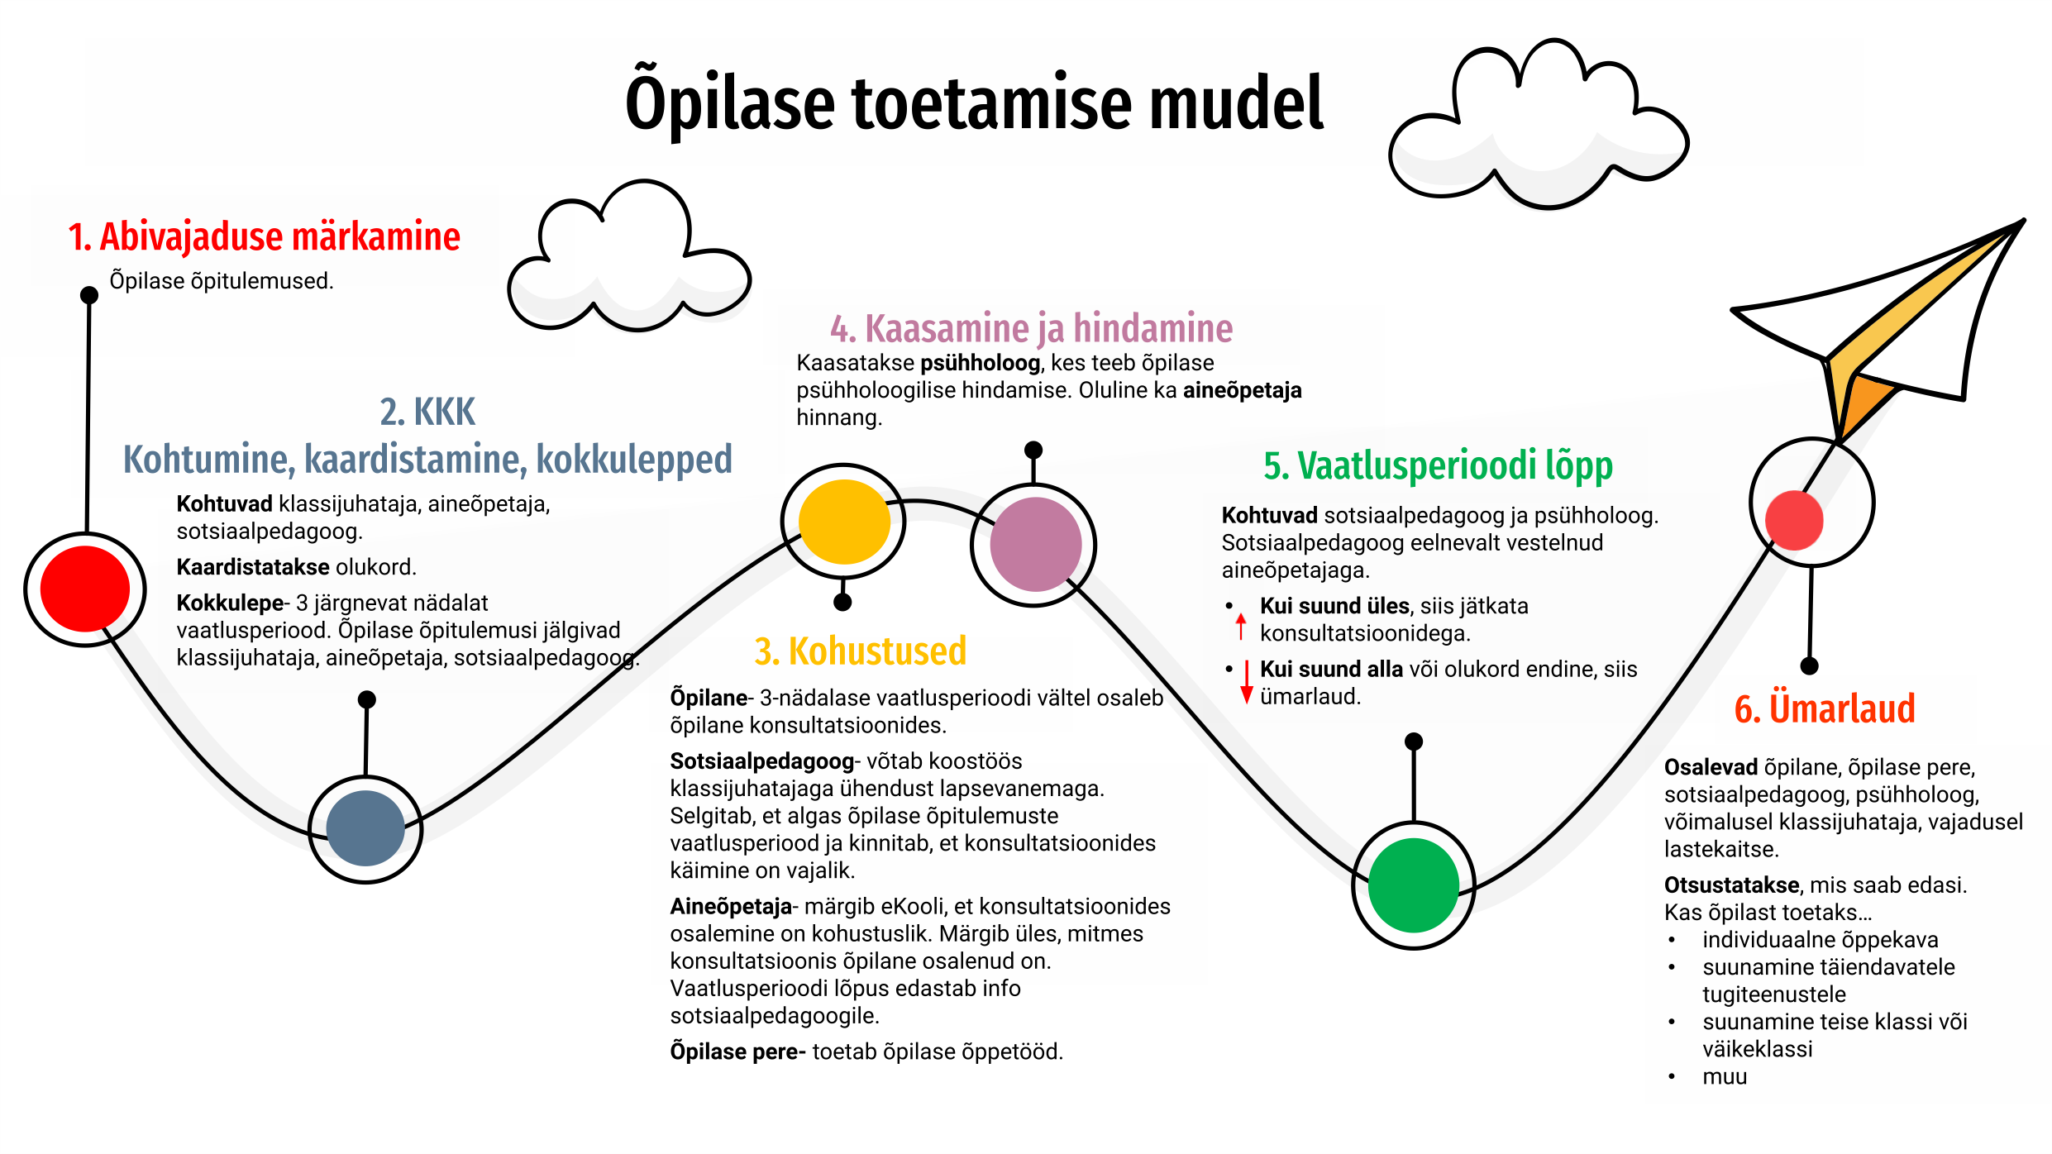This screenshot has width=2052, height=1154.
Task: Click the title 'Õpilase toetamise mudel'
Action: (974, 104)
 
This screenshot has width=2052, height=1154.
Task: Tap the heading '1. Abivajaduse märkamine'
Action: (264, 237)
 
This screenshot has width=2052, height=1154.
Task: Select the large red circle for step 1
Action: (85, 589)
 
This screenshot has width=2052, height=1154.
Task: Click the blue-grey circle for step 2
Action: (365, 828)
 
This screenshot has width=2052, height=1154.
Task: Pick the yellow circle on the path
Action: (844, 522)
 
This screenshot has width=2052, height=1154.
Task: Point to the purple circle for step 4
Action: (1035, 545)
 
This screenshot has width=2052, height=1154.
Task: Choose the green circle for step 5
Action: (1414, 885)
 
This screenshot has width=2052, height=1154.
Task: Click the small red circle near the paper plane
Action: (1794, 520)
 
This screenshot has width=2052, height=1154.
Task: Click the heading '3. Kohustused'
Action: (860, 651)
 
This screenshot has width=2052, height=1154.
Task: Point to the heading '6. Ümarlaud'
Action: (1825, 709)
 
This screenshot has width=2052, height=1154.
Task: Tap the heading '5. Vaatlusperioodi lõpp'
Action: (1438, 465)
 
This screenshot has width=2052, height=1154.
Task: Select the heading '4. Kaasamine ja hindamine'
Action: (1031, 329)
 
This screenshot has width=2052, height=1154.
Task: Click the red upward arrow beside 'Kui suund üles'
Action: (1241, 626)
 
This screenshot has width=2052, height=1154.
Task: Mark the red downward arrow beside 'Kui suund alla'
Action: (1247, 683)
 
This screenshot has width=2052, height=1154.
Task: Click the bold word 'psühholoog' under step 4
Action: (980, 363)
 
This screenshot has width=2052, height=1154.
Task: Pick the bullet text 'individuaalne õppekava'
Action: (1820, 940)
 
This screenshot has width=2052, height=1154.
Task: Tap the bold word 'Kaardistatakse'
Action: (253, 567)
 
